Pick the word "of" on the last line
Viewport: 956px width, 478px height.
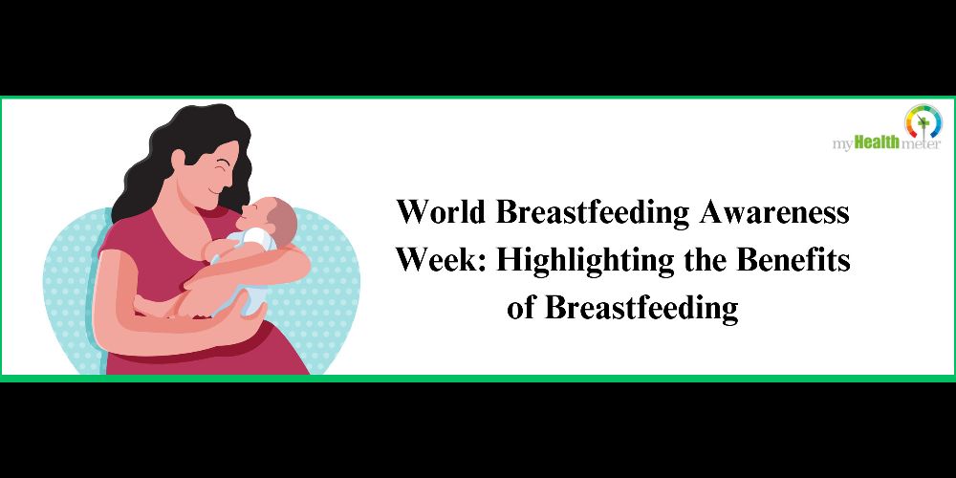click(519, 307)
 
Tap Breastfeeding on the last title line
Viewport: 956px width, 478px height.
click(641, 309)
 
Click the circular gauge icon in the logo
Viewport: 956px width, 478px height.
click(923, 121)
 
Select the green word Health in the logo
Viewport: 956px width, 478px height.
click(877, 143)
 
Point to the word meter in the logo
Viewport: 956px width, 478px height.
click(921, 144)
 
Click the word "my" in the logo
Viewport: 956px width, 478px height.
click(843, 145)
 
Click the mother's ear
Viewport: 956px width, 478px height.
click(178, 161)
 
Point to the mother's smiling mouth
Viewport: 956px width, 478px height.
click(214, 191)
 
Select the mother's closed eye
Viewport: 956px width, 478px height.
click(224, 162)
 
